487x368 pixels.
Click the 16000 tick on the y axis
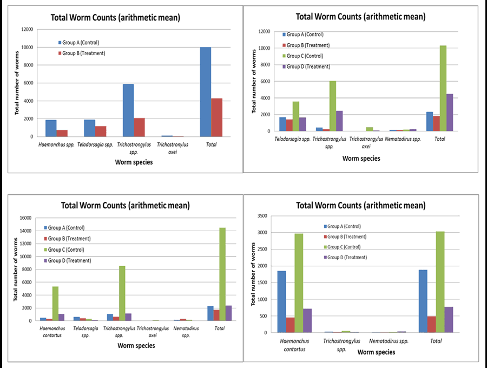point(26,218)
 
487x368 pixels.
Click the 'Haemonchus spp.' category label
point(56,145)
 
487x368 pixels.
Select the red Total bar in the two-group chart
point(216,117)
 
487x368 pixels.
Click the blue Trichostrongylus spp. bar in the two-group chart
point(128,110)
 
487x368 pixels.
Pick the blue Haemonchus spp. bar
point(51,128)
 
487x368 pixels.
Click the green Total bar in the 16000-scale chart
point(222,274)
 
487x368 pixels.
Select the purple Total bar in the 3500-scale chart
point(448,320)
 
